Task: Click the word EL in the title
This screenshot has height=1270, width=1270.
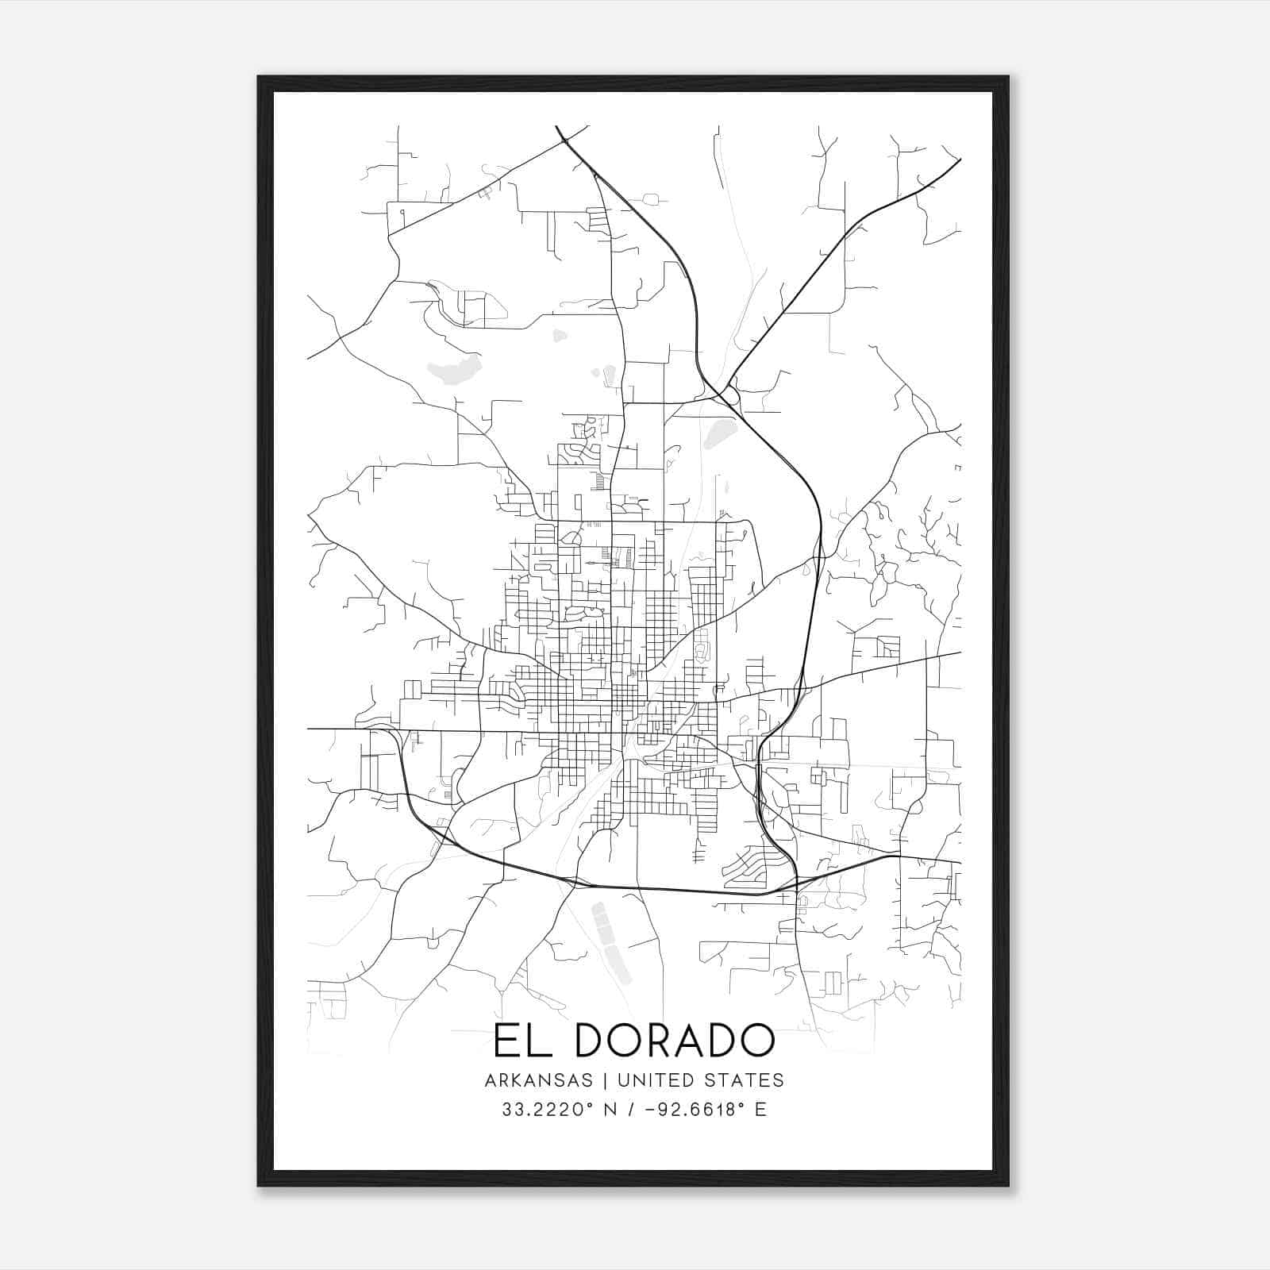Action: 518,1041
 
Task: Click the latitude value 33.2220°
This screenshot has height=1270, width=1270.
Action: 548,1110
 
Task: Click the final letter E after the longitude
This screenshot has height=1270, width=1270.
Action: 761,1110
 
